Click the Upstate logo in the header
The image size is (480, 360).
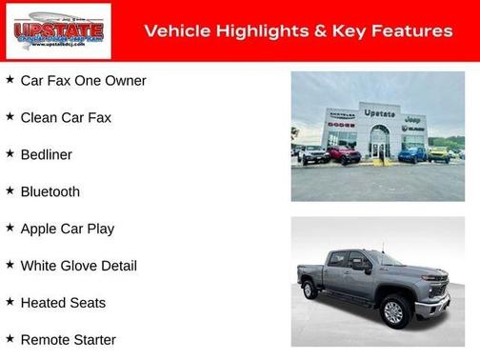[x=58, y=31]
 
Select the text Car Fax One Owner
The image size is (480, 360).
[x=83, y=81]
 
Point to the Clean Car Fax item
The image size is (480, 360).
[x=66, y=117]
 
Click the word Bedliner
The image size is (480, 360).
[x=46, y=154]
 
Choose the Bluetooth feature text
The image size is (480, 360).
[x=50, y=191]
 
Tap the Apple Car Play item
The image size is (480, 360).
[x=67, y=229]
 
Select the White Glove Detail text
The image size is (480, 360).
[x=78, y=266]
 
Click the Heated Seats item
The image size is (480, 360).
[x=63, y=303]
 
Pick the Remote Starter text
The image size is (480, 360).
[x=68, y=340]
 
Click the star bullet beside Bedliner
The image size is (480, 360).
[x=10, y=153]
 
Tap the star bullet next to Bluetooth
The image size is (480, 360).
[x=10, y=190]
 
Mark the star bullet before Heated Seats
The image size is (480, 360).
[x=10, y=302]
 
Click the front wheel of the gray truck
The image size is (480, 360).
[x=393, y=311]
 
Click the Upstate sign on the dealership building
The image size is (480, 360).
[x=379, y=113]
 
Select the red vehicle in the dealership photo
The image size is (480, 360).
[x=345, y=154]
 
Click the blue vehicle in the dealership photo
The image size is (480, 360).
[x=411, y=154]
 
